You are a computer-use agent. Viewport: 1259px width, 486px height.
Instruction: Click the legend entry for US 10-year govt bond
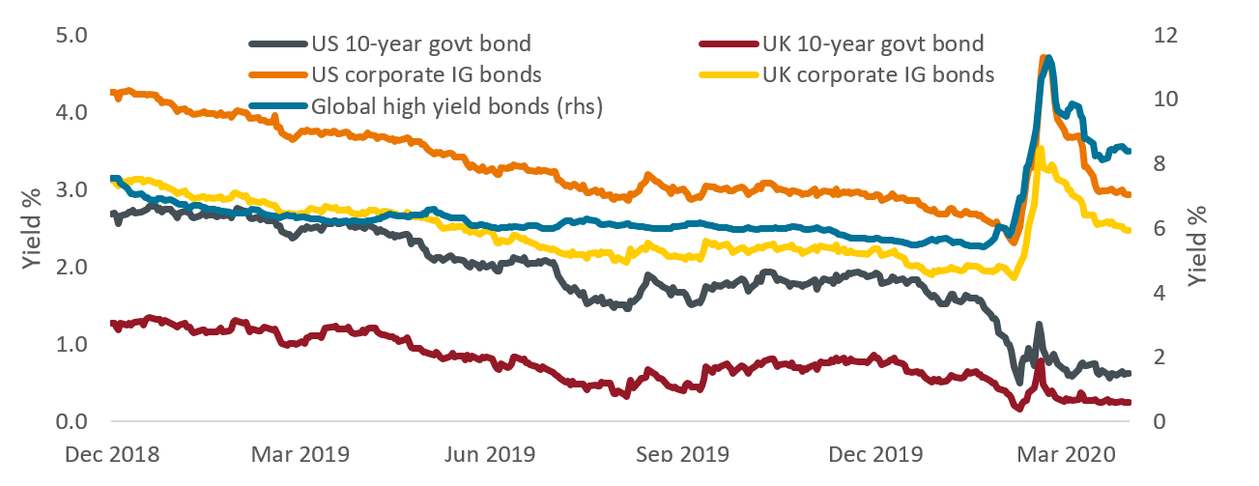(x=420, y=43)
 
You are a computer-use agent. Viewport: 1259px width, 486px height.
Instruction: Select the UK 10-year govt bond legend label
(x=873, y=43)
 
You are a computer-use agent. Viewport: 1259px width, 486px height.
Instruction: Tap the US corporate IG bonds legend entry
(x=425, y=74)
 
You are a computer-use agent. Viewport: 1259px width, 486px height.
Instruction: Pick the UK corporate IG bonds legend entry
(x=878, y=74)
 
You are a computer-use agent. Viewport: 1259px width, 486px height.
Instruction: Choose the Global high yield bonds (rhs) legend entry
(x=456, y=106)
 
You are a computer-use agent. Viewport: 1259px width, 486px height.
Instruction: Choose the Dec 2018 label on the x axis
(x=113, y=453)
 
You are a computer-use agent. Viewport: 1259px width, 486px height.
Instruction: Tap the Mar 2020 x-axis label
(x=1060, y=453)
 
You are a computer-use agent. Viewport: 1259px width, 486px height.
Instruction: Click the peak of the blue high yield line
(x=1048, y=59)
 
